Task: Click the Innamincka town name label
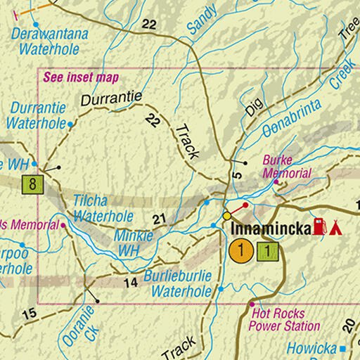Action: pyautogui.click(x=270, y=229)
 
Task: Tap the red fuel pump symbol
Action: pyautogui.click(x=321, y=226)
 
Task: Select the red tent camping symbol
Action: pyautogui.click(x=335, y=227)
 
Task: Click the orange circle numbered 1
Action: pyautogui.click(x=241, y=250)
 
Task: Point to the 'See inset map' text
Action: pyautogui.click(x=81, y=77)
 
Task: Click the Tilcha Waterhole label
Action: pyautogui.click(x=103, y=208)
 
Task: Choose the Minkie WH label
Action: pyautogui.click(x=134, y=243)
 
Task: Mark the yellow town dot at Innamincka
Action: pyautogui.click(x=226, y=215)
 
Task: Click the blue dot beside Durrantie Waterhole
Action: pyautogui.click(x=70, y=124)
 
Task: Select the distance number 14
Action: pyautogui.click(x=130, y=283)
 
